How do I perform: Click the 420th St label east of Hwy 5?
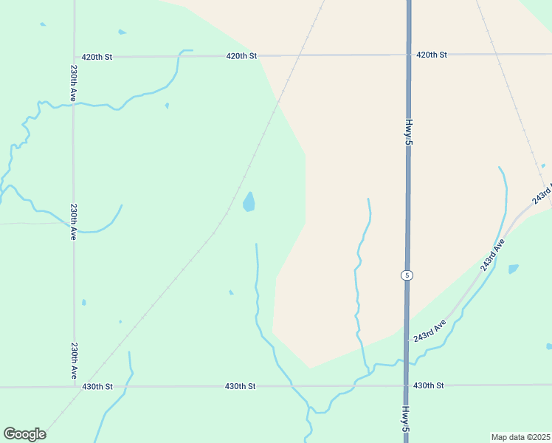click(x=432, y=55)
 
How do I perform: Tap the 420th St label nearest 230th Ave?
click(x=97, y=56)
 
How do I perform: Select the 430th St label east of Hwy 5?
click(x=429, y=385)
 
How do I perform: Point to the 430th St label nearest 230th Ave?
click(x=97, y=386)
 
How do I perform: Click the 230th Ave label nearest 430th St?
click(x=74, y=360)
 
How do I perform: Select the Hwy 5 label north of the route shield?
click(x=407, y=131)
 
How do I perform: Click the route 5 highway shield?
click(x=407, y=275)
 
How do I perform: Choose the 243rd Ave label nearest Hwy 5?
click(x=430, y=330)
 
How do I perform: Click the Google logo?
click(x=24, y=434)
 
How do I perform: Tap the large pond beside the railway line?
click(x=249, y=202)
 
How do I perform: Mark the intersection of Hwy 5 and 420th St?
click(x=408, y=55)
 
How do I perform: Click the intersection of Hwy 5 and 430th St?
click(x=407, y=385)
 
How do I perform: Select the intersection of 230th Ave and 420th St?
click(x=73, y=56)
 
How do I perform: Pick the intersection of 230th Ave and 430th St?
click(x=74, y=386)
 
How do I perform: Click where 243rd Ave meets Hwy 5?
click(x=407, y=341)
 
